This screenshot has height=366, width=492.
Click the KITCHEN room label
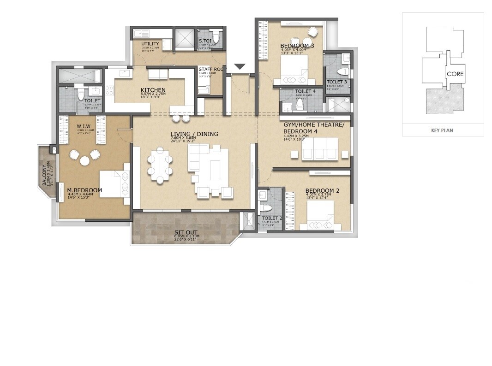pos(153,90)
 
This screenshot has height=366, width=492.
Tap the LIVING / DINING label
pos(194,134)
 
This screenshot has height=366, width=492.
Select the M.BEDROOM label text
pos(84,190)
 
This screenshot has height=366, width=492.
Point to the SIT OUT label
pos(186,233)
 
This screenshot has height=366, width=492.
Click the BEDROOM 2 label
pos(322,190)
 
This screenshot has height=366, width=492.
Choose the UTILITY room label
pos(150,44)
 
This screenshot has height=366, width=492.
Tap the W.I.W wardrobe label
pos(84,126)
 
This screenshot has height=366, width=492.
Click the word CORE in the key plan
pos(455,74)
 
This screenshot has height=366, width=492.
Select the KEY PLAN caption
pos(442,130)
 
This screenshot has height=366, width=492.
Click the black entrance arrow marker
pos(239,67)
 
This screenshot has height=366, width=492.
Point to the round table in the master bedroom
pos(85,160)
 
